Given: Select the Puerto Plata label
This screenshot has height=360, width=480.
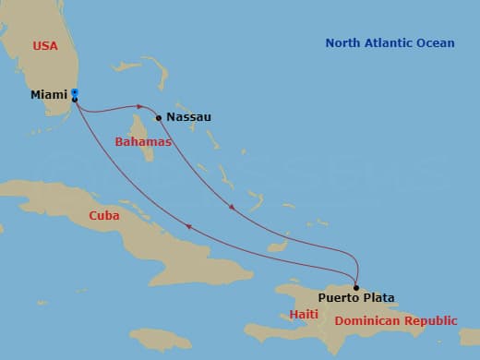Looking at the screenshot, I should pyautogui.click(x=356, y=297).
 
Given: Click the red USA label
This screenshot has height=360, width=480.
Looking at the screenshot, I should pyautogui.click(x=45, y=45).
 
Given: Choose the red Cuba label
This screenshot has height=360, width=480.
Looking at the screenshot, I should pyautogui.click(x=104, y=215).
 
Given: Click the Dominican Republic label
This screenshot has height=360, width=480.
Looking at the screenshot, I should pyautogui.click(x=396, y=321).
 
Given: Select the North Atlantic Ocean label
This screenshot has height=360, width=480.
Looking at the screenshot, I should pyautogui.click(x=390, y=43).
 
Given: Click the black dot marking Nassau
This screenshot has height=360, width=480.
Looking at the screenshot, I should pyautogui.click(x=159, y=117).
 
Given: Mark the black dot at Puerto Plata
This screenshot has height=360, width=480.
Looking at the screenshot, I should pyautogui.click(x=356, y=287).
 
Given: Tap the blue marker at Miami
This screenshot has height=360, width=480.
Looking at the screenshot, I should pyautogui.click(x=75, y=92).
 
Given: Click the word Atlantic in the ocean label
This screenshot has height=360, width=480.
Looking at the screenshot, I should pyautogui.click(x=390, y=43).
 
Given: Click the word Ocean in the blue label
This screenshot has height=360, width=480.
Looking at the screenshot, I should pyautogui.click(x=436, y=43).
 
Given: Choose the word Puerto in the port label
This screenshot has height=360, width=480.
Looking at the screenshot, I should pyautogui.click(x=339, y=297).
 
